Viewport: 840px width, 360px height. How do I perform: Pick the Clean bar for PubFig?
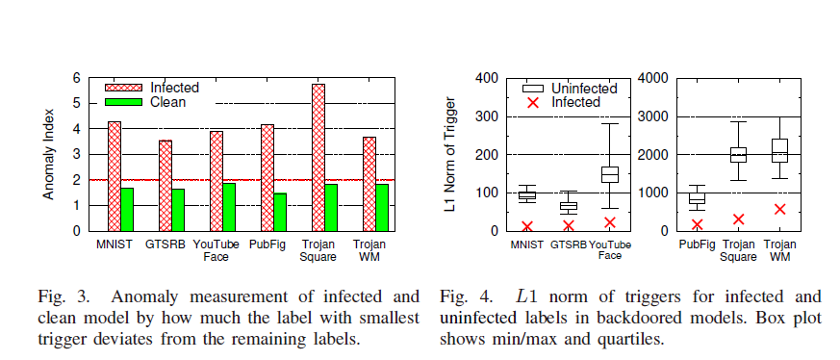pos(280,212)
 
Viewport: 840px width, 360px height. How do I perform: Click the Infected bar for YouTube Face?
pos(216,181)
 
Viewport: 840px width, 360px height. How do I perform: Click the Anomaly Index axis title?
pos(47,154)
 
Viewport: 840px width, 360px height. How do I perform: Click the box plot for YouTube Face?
pos(609,173)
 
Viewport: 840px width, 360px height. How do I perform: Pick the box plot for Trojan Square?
pos(738,154)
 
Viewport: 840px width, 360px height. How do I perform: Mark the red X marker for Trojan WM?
pos(779,209)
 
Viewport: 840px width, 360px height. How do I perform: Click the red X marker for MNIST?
pos(526,226)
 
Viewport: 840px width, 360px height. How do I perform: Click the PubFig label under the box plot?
pos(697,244)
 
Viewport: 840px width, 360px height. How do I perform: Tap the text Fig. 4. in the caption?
pos(461,296)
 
